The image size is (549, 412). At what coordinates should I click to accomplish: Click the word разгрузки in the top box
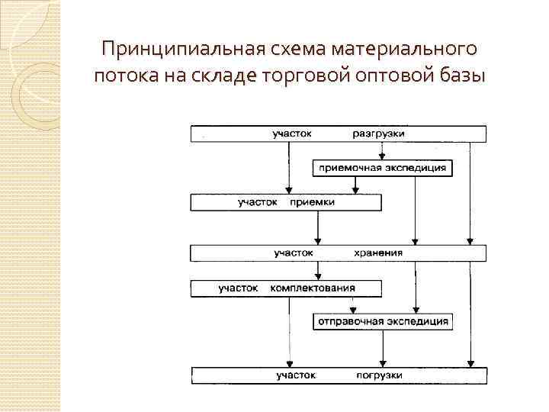[378, 134]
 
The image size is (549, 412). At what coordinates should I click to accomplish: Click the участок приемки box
[286, 202]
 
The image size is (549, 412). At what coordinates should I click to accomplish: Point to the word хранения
[378, 253]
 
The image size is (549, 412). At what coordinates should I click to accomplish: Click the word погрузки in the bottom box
[378, 375]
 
